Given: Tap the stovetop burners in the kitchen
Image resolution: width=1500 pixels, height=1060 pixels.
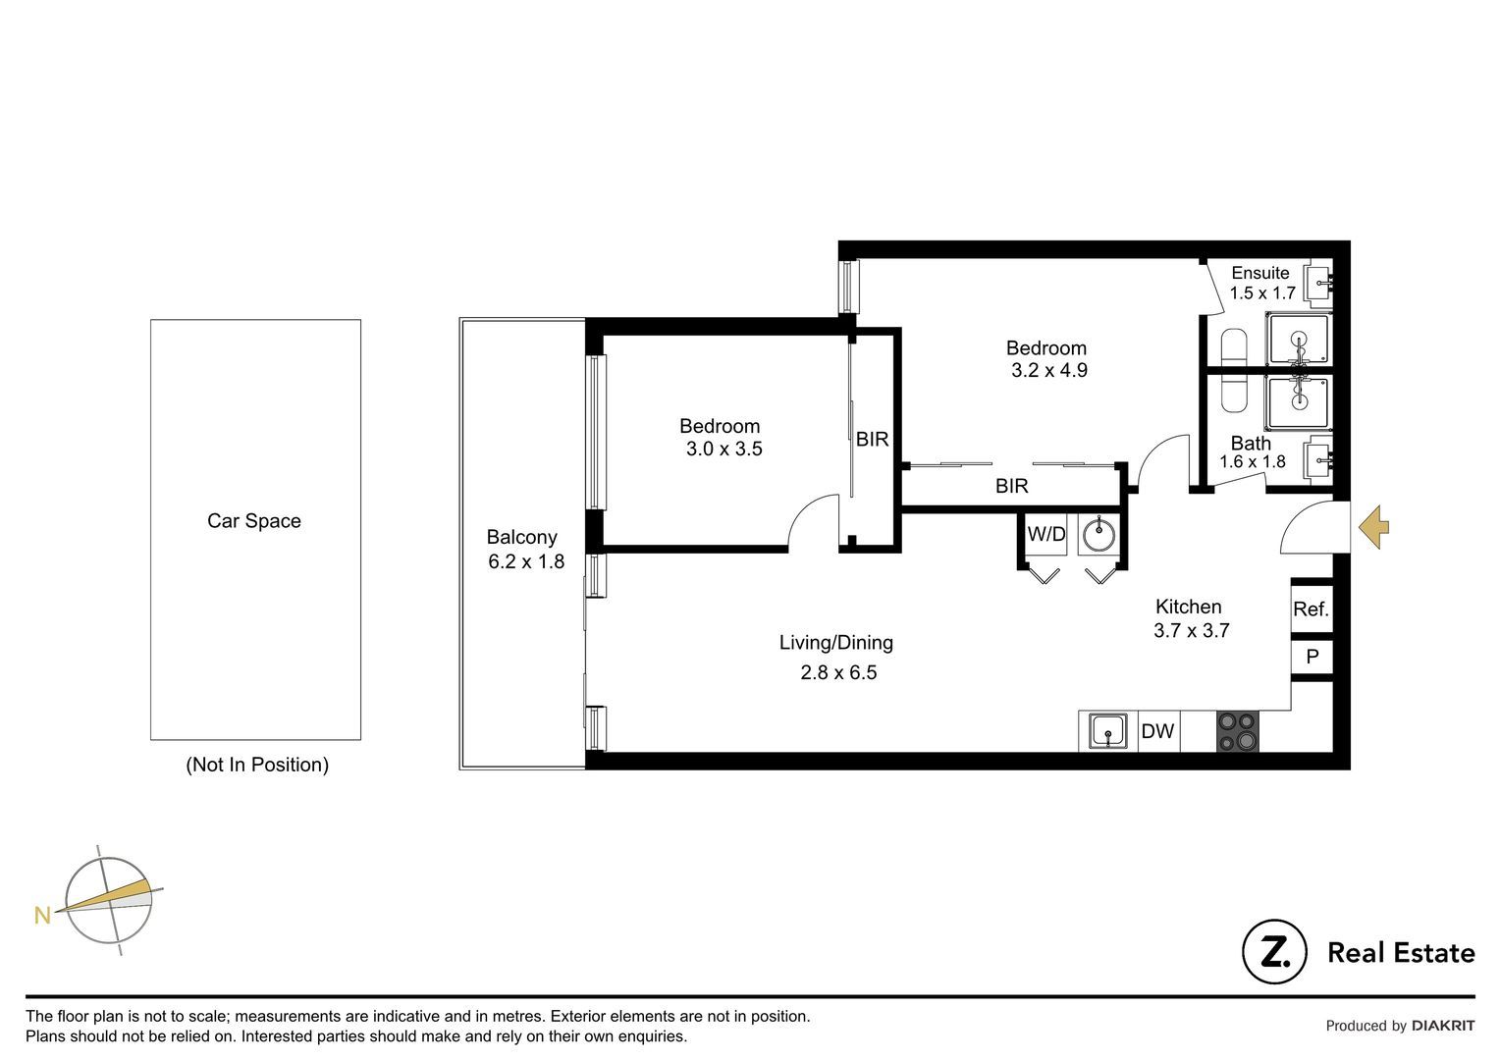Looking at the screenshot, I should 1237,732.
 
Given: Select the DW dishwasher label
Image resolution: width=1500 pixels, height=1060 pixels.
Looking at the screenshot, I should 1157,731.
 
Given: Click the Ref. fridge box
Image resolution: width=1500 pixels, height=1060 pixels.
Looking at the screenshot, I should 1311,609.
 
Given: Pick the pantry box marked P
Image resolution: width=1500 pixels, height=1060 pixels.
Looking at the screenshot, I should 1312,657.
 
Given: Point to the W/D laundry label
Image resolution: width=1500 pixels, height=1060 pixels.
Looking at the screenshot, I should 1045,535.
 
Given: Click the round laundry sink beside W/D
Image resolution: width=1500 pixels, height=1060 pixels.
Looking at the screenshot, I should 1098,536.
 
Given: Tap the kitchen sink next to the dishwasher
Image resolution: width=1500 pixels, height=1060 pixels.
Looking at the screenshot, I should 1108,732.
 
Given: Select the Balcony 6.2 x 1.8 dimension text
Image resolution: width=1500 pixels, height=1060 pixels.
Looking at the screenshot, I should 526,562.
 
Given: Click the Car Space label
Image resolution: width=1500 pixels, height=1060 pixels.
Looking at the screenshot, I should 254,521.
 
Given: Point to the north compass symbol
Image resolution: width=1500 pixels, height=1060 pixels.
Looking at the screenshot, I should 108,900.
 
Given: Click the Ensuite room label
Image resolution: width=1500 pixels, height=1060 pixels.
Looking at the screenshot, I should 1259,273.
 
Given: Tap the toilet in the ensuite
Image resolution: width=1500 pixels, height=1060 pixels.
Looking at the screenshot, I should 1234,347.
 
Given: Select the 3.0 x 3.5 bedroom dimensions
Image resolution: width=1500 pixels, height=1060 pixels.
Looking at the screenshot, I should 723,450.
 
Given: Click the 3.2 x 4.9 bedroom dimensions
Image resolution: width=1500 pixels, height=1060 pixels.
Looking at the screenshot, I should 1049,371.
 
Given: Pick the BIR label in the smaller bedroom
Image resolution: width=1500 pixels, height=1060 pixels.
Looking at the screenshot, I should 872,440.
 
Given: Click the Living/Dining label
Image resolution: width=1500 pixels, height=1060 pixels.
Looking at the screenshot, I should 835,643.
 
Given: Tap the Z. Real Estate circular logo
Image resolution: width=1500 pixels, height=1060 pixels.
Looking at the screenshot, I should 1273,952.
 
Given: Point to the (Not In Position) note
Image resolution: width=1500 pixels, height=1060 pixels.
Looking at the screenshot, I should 257,765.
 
